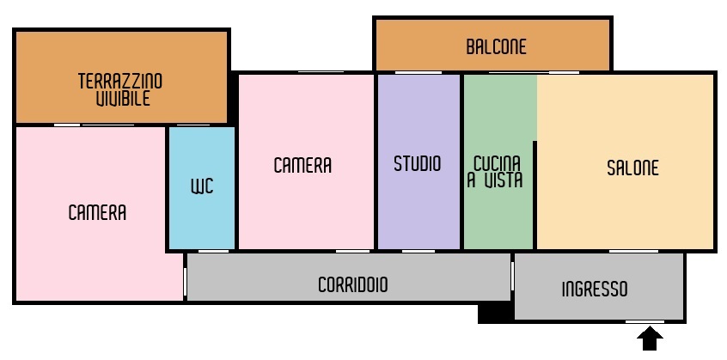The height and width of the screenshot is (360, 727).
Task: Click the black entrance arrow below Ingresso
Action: (x=650, y=339)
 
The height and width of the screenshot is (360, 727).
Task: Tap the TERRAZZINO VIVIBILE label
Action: (x=120, y=90)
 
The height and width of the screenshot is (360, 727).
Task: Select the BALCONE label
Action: (x=496, y=46)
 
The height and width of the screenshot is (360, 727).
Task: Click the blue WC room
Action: (x=202, y=187)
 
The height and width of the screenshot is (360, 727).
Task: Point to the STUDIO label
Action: (x=418, y=163)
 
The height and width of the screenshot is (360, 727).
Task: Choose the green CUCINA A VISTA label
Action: (x=495, y=172)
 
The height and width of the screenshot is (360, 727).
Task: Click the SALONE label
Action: (x=632, y=168)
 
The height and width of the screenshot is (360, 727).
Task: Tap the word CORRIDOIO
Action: (x=352, y=284)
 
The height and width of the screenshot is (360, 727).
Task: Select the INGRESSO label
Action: (x=595, y=289)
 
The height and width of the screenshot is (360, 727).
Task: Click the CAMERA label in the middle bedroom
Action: (x=302, y=166)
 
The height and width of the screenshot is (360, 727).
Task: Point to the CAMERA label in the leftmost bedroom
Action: (x=97, y=213)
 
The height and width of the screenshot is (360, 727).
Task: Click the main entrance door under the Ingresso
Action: (x=645, y=321)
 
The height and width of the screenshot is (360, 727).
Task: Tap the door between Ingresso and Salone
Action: (x=633, y=252)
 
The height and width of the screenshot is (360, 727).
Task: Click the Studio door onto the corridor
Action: (x=418, y=252)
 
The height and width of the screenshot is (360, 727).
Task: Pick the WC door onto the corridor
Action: (x=214, y=252)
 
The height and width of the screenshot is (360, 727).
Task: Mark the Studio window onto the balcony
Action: (x=418, y=72)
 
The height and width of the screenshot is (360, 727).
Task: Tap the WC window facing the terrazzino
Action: (x=193, y=125)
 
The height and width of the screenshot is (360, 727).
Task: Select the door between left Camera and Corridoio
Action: (x=185, y=281)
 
